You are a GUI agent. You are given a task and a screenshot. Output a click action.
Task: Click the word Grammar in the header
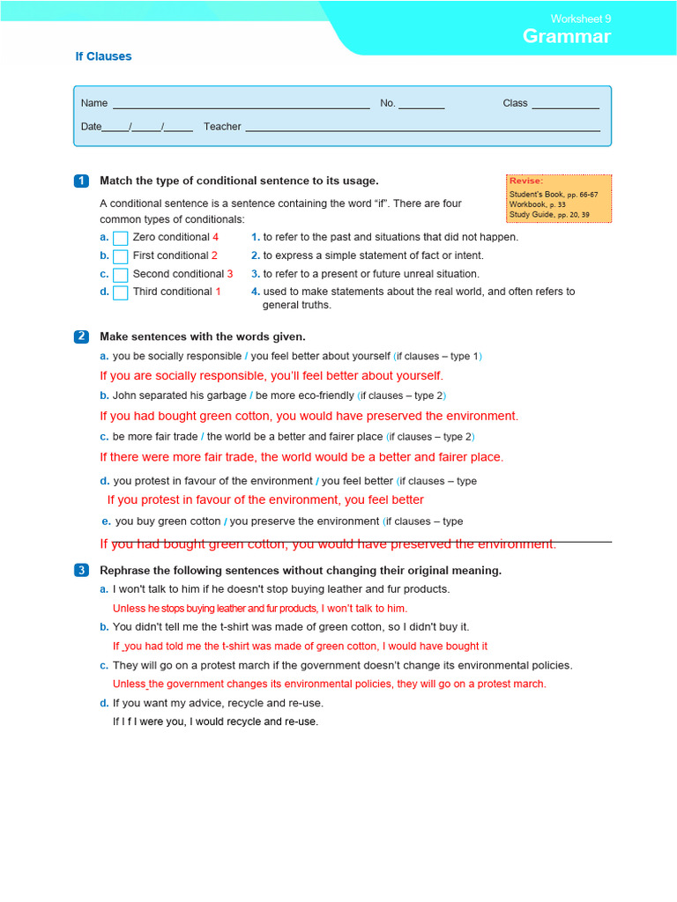point(566,36)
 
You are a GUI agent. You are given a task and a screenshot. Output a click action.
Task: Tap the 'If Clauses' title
point(103,56)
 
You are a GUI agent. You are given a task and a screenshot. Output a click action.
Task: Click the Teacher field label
point(222,127)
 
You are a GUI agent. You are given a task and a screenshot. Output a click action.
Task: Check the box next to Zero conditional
point(121,238)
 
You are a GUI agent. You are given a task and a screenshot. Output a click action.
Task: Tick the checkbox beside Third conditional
point(121,292)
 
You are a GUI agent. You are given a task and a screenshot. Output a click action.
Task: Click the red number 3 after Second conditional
point(230,274)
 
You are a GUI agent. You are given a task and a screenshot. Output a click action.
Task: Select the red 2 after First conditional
point(214,255)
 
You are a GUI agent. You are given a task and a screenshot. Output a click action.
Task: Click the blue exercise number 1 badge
point(81,181)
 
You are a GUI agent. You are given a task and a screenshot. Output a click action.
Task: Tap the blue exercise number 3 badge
point(81,570)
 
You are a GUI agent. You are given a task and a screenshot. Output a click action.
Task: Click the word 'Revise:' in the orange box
point(526,181)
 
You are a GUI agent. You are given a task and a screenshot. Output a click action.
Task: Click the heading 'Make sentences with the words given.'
point(203,336)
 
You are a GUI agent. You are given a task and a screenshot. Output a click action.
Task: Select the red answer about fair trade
point(301,457)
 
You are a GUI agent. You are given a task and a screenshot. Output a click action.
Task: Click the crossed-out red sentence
point(328,544)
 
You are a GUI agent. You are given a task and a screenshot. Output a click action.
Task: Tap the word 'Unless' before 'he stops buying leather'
point(129,609)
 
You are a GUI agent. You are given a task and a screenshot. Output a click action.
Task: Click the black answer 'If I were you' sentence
point(215,721)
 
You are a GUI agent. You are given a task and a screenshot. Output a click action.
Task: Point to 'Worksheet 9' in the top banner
point(581,18)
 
